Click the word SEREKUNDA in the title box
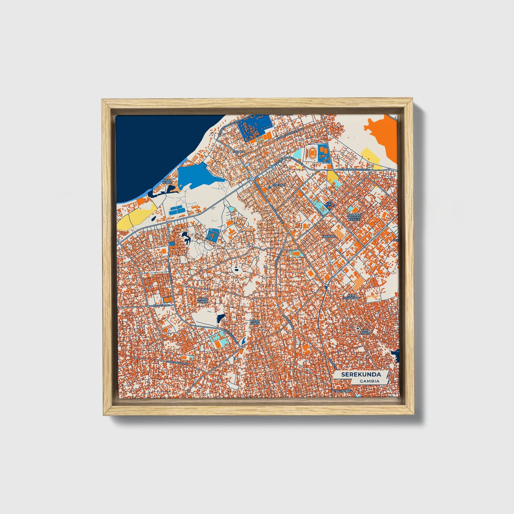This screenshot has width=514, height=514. pyautogui.click(x=361, y=374)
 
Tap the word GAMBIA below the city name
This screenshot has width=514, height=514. pyautogui.click(x=369, y=381)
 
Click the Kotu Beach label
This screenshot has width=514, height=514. pyautogui.click(x=167, y=182)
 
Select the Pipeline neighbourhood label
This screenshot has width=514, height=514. pyautogui.click(x=278, y=185)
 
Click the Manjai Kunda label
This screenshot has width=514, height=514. pyautogui.click(x=202, y=301)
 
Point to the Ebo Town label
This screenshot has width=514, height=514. pyautogui.click(x=366, y=332)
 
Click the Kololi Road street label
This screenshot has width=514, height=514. pyautogui.click(x=161, y=305)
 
